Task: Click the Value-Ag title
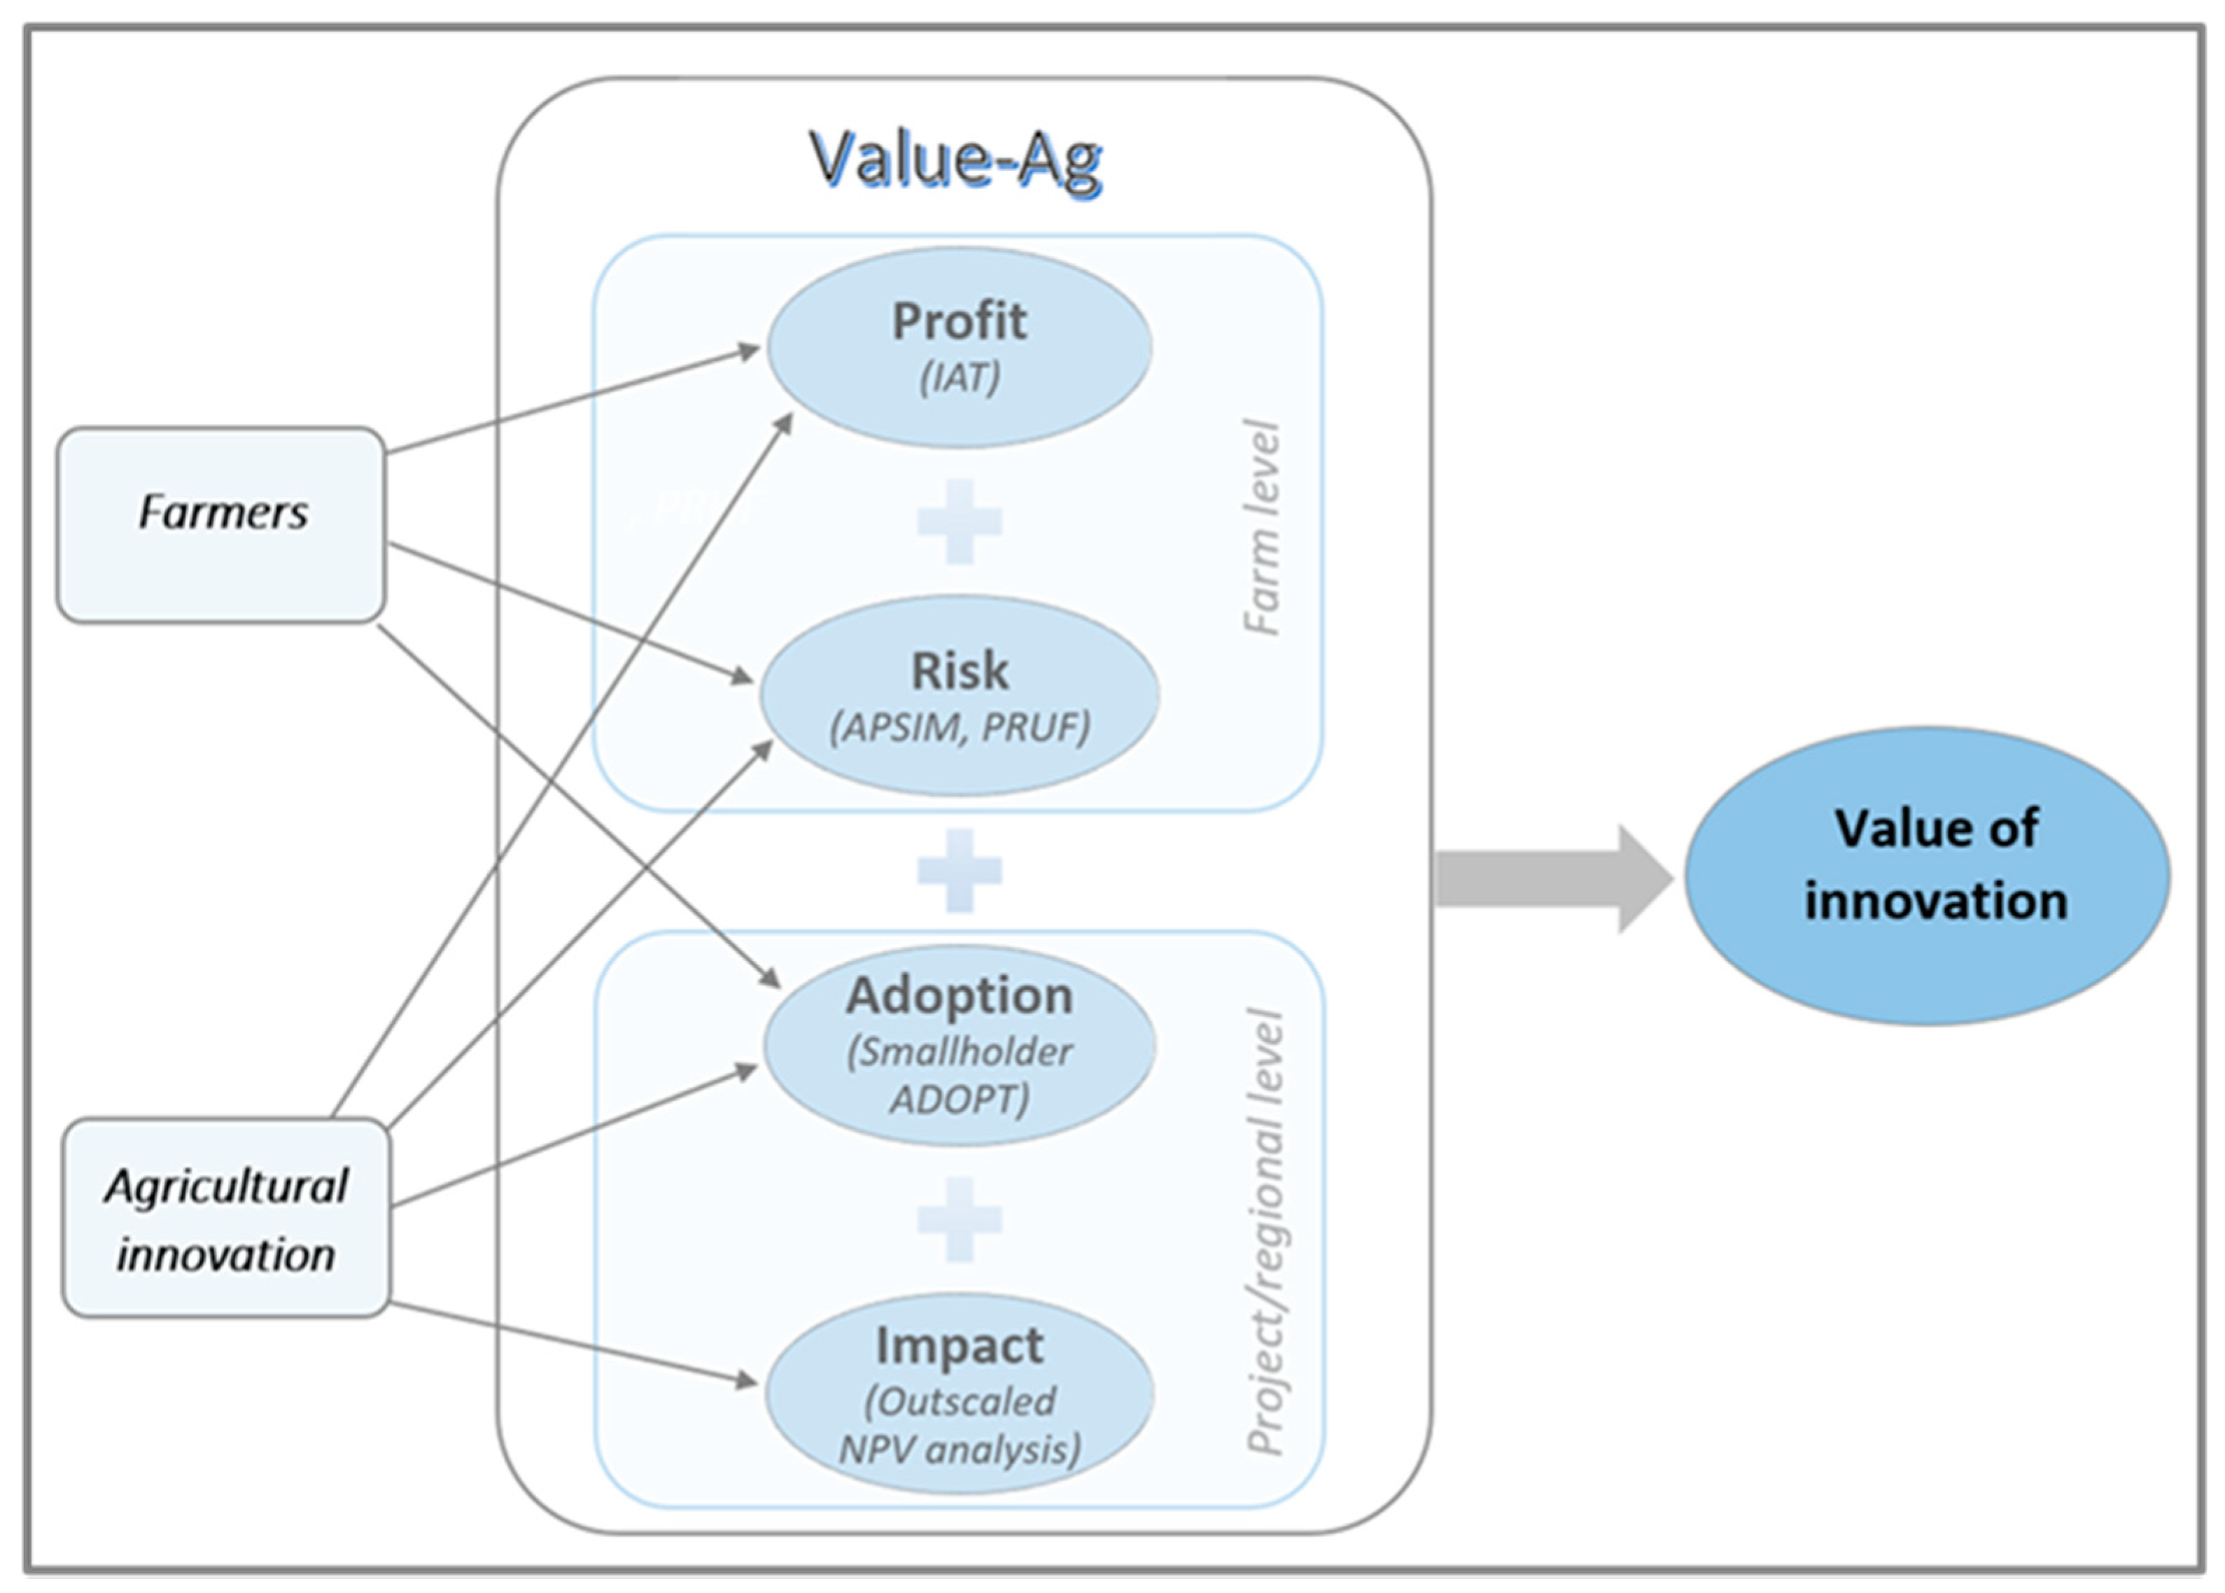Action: [x=956, y=159]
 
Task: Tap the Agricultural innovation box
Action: [x=225, y=1217]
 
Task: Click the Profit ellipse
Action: [x=958, y=347]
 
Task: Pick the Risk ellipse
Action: [x=958, y=694]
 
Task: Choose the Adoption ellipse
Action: [x=958, y=1045]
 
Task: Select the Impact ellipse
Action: [x=958, y=1393]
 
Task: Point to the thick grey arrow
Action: [x=1550, y=878]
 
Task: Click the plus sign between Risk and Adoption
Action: [x=958, y=870]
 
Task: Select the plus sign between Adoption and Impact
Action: [x=958, y=1219]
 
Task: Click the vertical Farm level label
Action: [x=1262, y=528]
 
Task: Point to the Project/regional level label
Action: [x=1265, y=1231]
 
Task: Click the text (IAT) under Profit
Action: [x=958, y=378]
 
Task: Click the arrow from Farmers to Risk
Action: [x=569, y=611]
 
